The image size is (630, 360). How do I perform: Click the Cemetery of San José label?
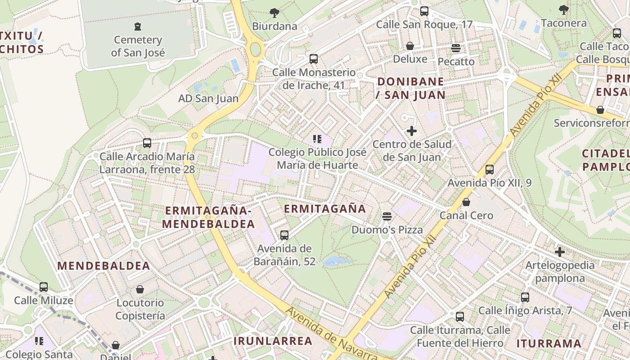click(x=138, y=46)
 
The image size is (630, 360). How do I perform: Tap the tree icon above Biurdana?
click(x=274, y=13)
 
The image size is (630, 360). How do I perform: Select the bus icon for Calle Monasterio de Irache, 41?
click(x=314, y=59)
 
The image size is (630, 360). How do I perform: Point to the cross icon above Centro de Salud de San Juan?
click(x=411, y=131)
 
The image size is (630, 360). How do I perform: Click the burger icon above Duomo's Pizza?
click(x=387, y=216)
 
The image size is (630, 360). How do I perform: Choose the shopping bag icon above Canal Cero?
click(x=466, y=202)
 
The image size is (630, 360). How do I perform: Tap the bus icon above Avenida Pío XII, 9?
click(x=490, y=170)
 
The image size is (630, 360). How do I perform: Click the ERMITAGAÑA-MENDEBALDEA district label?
click(x=208, y=217)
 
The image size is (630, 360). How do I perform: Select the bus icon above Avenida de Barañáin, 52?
click(x=284, y=235)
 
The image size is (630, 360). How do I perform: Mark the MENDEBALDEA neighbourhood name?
click(x=104, y=265)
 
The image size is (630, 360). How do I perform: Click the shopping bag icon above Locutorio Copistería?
click(x=140, y=289)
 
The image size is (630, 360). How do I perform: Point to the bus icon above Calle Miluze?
click(x=44, y=287)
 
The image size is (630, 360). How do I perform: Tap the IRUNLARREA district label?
click(x=273, y=341)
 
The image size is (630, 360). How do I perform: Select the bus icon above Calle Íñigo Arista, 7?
click(x=525, y=297)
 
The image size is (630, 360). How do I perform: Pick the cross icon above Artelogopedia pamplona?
click(x=560, y=252)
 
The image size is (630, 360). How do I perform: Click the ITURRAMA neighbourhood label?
click(x=549, y=344)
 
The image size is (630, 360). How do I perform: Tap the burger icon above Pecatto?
click(x=456, y=48)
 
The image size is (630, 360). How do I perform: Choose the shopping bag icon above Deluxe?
click(x=410, y=46)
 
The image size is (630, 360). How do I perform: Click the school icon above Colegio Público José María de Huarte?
click(x=317, y=139)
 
